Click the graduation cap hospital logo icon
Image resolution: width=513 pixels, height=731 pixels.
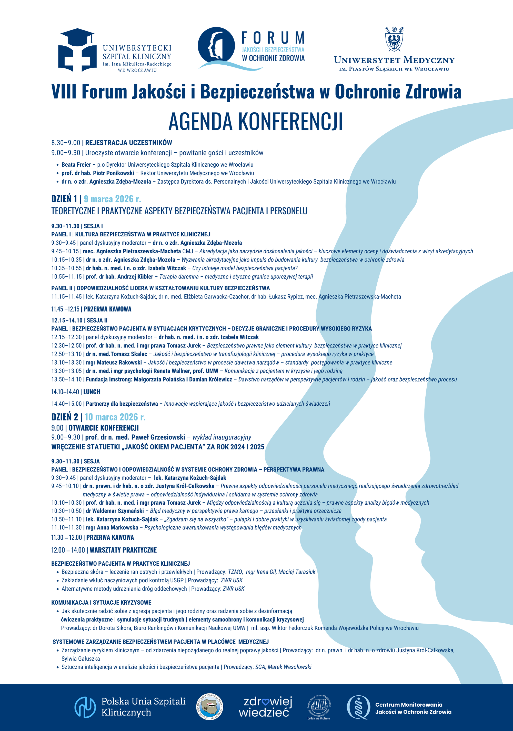(x=77, y=50)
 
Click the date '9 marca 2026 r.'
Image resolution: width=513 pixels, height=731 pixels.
(x=112, y=199)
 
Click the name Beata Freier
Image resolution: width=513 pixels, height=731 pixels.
(x=76, y=165)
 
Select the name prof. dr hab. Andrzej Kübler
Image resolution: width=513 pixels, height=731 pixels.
(x=119, y=277)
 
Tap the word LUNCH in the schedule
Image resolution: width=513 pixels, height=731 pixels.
(x=92, y=392)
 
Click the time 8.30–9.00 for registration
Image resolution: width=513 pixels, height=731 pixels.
(x=66, y=143)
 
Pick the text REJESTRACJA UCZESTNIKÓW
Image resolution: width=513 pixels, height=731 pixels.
(x=129, y=143)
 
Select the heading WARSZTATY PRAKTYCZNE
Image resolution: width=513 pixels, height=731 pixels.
(x=123, y=550)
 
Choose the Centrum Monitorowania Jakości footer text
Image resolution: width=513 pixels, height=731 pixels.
(x=413, y=708)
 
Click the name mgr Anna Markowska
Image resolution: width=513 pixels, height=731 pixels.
(x=112, y=528)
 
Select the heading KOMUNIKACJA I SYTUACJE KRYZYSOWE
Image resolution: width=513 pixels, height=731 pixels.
(x=101, y=603)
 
